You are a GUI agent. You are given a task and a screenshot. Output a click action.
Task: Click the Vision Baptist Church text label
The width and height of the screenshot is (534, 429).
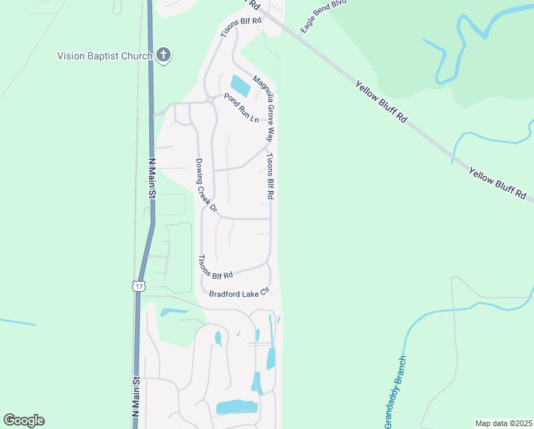click(x=105, y=56)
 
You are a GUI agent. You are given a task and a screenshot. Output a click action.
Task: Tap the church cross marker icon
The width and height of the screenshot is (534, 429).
click(x=163, y=55)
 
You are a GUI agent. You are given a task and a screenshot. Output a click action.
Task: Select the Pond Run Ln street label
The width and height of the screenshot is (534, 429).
click(x=241, y=107)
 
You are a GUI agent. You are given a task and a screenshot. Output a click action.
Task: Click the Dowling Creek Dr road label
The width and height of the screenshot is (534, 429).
click(x=206, y=184)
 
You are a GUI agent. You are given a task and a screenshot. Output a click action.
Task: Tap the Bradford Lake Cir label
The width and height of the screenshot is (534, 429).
click(x=238, y=292)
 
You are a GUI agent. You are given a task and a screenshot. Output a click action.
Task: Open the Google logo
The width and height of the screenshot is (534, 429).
click(x=24, y=420)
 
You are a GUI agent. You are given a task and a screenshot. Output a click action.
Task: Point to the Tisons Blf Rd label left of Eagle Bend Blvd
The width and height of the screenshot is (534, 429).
click(x=241, y=26)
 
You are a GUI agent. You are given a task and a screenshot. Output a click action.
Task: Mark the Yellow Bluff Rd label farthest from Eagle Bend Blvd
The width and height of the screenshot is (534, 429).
click(x=498, y=184)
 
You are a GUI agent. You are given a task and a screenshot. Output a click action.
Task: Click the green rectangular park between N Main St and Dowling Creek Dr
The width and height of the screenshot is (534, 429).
click(x=178, y=257)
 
